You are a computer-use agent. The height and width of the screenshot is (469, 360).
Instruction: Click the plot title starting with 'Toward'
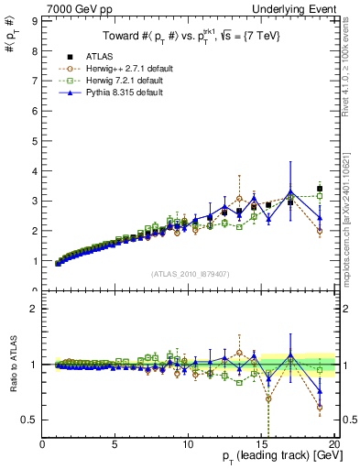190,38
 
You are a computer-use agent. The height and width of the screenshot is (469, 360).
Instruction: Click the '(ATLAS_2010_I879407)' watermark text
191,274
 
